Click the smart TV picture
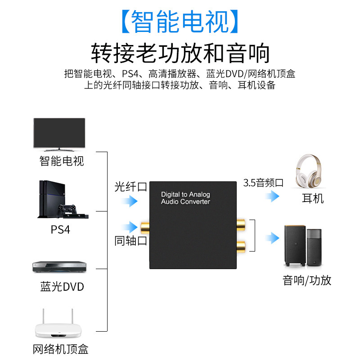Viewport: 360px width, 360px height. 59,135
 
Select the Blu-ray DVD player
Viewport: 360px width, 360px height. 59,267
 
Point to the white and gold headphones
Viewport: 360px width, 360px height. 308,171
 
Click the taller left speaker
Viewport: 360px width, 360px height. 295,246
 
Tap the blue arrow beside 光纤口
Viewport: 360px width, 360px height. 130,201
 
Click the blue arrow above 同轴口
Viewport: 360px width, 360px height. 130,227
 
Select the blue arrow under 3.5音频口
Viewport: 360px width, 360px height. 272,196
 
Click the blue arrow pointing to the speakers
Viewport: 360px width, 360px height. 272,238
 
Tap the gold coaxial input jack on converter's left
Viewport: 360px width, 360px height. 145,228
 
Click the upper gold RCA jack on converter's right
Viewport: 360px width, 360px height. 241,225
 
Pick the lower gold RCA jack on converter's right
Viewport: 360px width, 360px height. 241,246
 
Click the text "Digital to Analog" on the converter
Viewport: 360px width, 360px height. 185,194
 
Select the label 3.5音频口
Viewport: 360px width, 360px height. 263,183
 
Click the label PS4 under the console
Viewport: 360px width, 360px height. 60,229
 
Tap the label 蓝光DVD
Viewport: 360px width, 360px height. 62,287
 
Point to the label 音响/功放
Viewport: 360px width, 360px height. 307,280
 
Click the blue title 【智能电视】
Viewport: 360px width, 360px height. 180,22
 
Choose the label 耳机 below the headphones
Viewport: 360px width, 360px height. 313,198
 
